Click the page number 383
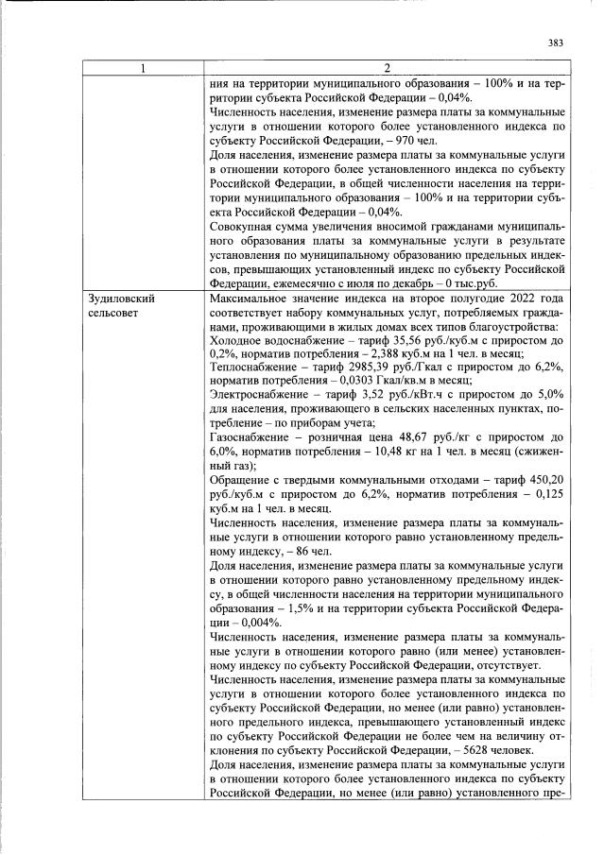[556, 42]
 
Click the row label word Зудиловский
[120, 299]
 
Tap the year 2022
[511, 299]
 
